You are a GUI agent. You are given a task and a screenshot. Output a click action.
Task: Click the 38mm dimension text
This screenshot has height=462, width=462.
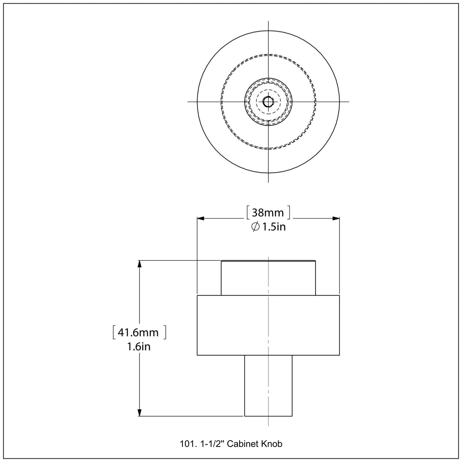268,213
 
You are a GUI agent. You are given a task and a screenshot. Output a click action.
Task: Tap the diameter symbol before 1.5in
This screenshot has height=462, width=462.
255,227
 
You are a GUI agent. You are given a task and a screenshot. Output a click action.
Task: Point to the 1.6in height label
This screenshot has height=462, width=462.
139,347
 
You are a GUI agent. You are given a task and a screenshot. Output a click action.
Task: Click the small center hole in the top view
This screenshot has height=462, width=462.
268,102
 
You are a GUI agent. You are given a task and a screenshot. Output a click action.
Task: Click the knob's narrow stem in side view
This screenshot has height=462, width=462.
268,385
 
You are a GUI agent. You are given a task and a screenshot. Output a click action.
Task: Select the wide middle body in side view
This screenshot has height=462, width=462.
268,325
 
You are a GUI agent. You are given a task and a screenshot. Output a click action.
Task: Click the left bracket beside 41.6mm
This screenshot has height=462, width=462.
114,332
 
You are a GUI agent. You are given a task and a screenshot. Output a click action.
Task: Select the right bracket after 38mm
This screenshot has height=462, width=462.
289,213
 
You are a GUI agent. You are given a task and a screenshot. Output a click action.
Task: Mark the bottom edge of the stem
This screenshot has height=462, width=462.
268,416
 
